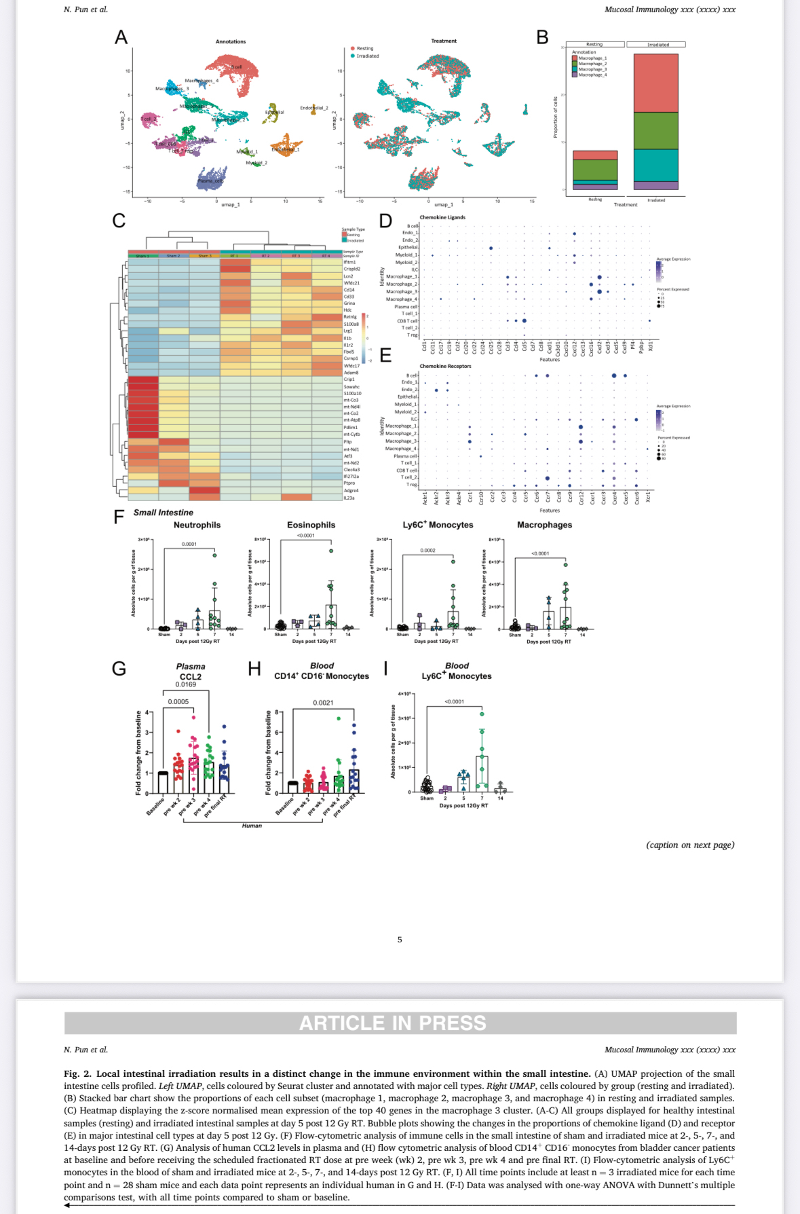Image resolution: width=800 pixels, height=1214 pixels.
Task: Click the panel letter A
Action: click(121, 37)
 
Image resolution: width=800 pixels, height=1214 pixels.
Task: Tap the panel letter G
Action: click(119, 669)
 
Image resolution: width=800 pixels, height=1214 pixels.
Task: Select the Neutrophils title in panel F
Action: click(197, 525)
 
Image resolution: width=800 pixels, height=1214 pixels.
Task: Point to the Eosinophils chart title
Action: click(311, 525)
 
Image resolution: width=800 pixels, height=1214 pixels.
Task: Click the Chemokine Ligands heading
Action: click(442, 217)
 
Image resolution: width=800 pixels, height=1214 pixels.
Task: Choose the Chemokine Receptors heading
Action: click(445, 366)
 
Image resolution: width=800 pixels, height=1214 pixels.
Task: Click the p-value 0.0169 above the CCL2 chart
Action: click(185, 684)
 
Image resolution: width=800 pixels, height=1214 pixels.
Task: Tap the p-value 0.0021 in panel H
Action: click(323, 703)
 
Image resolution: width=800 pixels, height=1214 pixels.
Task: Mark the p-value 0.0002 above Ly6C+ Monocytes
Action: click(427, 551)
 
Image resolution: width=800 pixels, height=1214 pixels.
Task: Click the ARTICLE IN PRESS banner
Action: click(393, 1023)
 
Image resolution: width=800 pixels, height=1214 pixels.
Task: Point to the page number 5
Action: click(400, 940)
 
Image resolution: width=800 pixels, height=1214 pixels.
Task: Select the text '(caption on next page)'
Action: click(690, 845)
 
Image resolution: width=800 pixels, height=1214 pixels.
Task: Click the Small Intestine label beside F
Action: click(163, 513)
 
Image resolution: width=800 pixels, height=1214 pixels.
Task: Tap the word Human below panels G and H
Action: click(252, 826)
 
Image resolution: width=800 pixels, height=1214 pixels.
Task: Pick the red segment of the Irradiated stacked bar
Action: click(655, 83)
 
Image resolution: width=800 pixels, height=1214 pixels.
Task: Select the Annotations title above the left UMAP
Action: click(231, 41)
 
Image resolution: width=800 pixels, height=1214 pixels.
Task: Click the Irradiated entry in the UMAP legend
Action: click(367, 56)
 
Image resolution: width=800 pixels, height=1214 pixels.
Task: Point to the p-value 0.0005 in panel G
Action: click(178, 702)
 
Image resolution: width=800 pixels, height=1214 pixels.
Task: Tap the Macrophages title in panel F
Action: click(544, 525)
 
